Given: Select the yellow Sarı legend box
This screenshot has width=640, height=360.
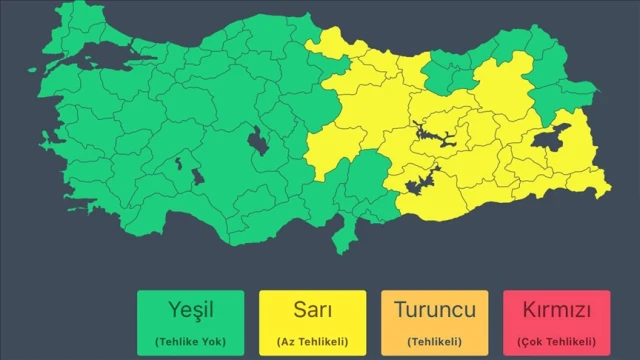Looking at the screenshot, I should point(313,321).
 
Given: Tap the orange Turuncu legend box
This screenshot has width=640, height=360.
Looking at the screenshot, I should point(435,321).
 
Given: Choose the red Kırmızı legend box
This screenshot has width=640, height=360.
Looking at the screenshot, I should point(557,321).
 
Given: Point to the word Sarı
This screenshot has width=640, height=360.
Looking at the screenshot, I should point(313,310).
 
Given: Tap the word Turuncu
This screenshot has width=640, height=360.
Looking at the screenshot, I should point(435,310).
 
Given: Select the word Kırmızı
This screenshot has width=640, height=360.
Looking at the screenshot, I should point(557,310).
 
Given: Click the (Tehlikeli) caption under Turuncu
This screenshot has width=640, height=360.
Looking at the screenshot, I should point(435,341).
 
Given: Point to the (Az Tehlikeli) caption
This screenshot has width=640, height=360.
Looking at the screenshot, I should point(313,341).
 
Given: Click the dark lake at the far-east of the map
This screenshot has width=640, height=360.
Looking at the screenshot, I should point(552,137).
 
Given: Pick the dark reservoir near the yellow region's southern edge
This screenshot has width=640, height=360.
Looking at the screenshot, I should point(421,182).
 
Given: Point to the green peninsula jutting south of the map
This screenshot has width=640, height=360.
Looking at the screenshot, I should point(346,234).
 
